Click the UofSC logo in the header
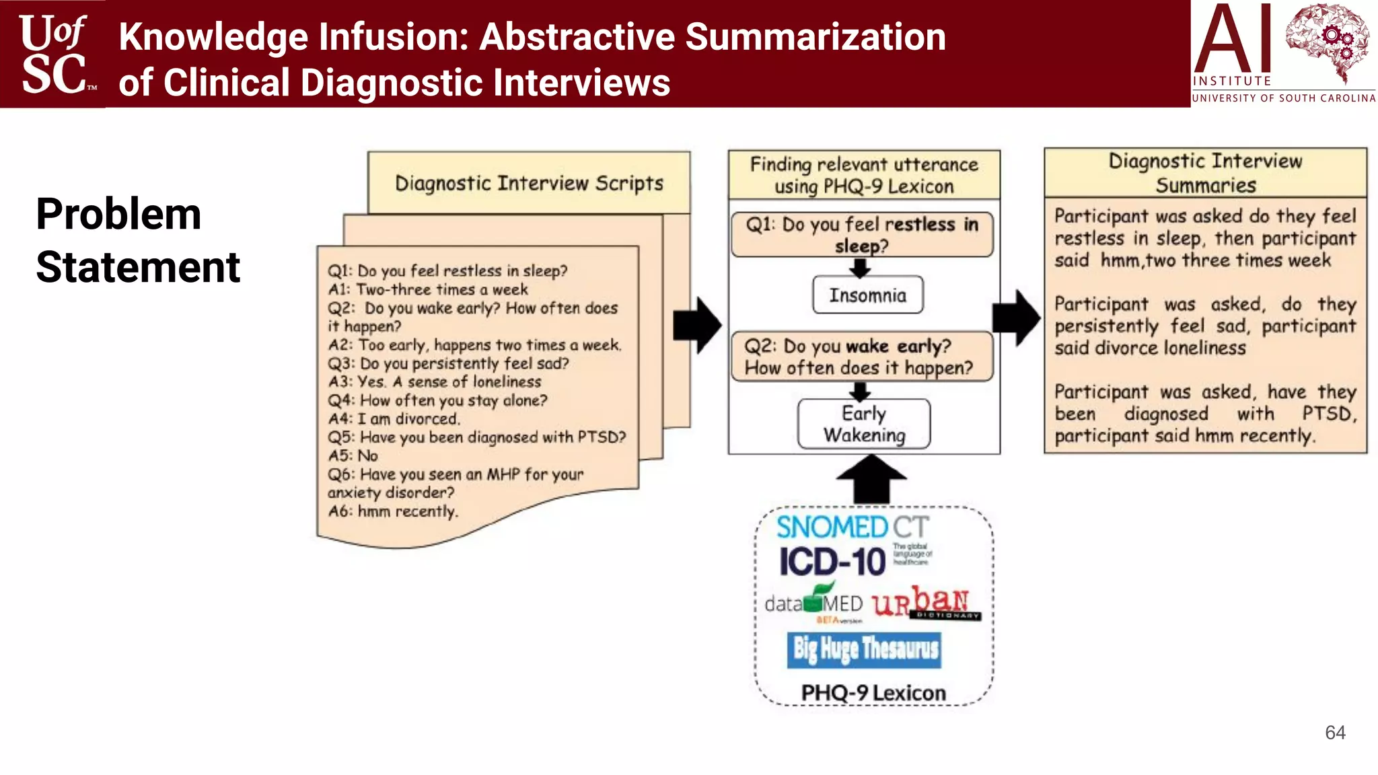pyautogui.click(x=54, y=54)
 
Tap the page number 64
pyautogui.click(x=1335, y=733)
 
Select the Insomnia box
pyautogui.click(x=867, y=295)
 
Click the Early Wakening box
pyautogui.click(x=864, y=424)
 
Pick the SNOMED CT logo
pyautogui.click(x=852, y=527)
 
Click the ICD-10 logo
pyautogui.click(x=832, y=562)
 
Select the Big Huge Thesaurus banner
pyautogui.click(x=865, y=649)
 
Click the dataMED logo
pyautogui.click(x=814, y=603)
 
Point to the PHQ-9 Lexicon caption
pyautogui.click(x=873, y=693)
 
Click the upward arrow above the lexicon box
pyautogui.click(x=871, y=479)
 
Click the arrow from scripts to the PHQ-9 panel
pyautogui.click(x=698, y=326)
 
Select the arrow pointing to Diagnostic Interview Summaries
pyautogui.click(x=1017, y=318)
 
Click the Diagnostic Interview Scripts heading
pyautogui.click(x=529, y=183)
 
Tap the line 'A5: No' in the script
pyautogui.click(x=353, y=455)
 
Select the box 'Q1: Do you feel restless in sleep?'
pyautogui.click(x=862, y=234)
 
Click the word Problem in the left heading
pyautogui.click(x=118, y=215)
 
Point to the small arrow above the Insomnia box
pyautogui.click(x=860, y=268)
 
